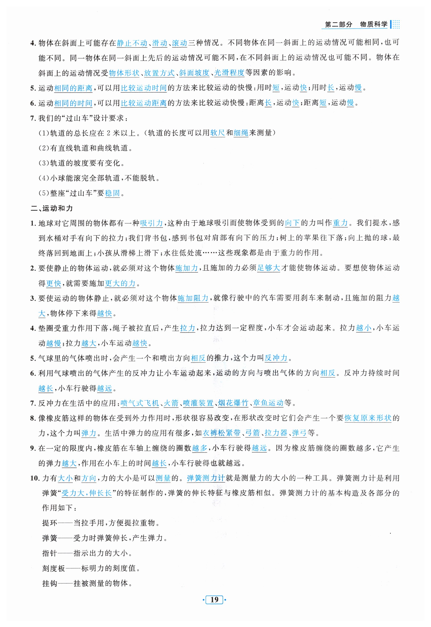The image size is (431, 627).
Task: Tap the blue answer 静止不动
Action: (132, 43)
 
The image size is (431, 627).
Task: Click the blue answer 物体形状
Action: (124, 73)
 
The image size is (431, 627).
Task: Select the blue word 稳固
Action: (112, 193)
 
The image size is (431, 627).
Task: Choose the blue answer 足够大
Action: (268, 268)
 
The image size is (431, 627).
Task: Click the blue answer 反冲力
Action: (276, 358)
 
